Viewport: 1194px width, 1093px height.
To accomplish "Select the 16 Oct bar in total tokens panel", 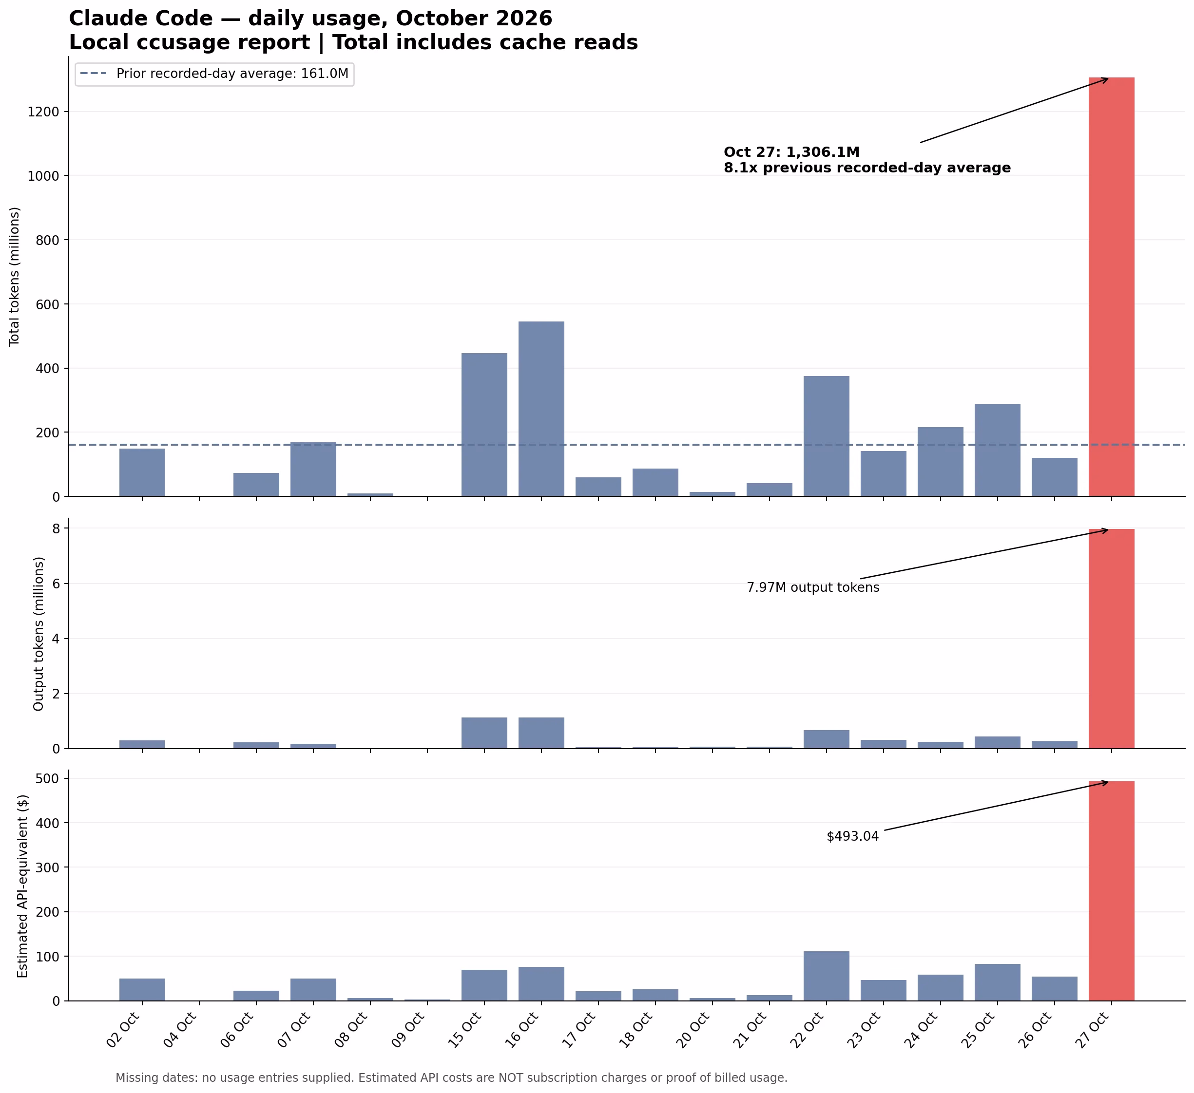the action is pyautogui.click(x=541, y=409).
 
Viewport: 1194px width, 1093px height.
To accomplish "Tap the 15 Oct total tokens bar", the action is pyautogui.click(x=484, y=425).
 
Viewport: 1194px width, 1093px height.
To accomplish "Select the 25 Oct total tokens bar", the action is pyautogui.click(x=998, y=450).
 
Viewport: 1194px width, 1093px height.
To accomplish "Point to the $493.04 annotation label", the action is pyautogui.click(x=853, y=837).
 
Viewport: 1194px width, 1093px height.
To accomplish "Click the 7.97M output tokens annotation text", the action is pyautogui.click(x=813, y=588).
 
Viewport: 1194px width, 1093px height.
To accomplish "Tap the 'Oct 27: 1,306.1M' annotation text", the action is pyautogui.click(x=792, y=152).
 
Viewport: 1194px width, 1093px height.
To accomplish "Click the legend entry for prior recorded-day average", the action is pyautogui.click(x=215, y=74).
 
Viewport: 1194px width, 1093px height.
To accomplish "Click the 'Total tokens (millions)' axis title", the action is pyautogui.click(x=15, y=277).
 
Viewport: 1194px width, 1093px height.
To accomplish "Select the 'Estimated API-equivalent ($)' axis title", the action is pyautogui.click(x=22, y=886).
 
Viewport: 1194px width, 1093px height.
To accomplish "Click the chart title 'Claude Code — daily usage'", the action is pyautogui.click(x=310, y=19).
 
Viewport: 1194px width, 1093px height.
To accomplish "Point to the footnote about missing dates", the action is pyautogui.click(x=451, y=1077).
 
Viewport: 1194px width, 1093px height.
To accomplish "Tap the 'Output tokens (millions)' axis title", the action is pyautogui.click(x=39, y=634).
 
